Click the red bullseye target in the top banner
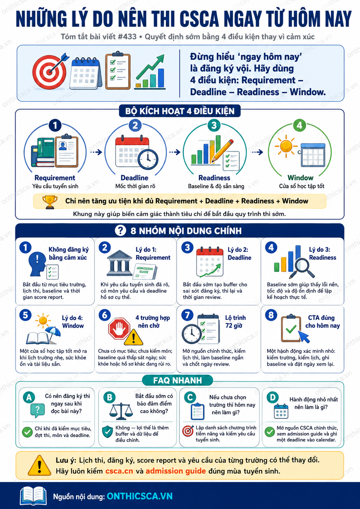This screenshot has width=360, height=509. coord(50,72)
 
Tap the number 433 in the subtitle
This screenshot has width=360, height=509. coord(129,37)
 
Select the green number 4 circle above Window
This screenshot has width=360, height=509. coord(299,125)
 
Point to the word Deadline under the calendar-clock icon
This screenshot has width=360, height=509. coord(134,178)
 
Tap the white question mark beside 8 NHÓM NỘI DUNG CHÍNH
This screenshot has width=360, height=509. coord(120,230)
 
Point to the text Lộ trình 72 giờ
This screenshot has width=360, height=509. coord(235,322)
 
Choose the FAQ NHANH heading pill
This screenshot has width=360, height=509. coord(178,380)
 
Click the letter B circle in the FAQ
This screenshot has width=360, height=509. coord(109,397)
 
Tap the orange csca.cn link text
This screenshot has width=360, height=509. coord(119,471)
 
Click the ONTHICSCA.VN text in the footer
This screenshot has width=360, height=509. coord(140,496)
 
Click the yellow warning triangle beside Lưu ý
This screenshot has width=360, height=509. coord(39,466)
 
